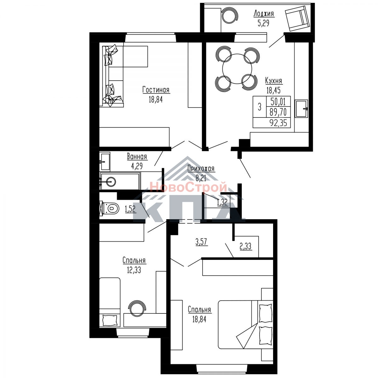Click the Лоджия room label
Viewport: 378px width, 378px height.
264,14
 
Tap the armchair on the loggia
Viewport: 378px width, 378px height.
297,18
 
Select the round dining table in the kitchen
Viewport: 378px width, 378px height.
237,69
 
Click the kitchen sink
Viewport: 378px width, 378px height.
301,108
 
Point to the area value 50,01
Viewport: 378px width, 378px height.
278,102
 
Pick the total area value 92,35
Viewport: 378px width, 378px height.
278,123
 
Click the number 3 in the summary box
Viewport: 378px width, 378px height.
260,107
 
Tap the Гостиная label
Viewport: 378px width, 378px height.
156,90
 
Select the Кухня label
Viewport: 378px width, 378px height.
273,81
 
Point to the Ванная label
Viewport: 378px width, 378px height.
137,157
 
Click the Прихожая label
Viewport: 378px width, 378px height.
201,169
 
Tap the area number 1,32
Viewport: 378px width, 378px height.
222,203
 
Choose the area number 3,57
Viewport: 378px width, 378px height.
201,242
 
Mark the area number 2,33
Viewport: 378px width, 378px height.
246,246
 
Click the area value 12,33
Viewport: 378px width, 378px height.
134,270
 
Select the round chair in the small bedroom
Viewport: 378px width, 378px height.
137,309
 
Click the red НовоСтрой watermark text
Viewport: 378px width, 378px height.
188,187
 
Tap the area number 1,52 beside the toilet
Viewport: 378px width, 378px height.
130,209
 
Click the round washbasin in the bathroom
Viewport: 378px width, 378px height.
111,182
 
